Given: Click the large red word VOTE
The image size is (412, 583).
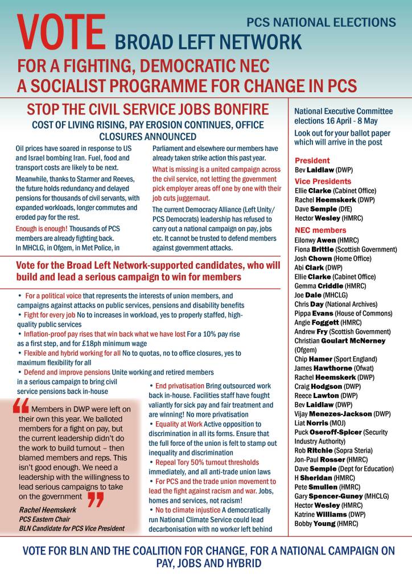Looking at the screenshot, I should coord(61,32).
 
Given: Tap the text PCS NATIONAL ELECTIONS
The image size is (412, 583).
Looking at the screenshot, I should coord(321,23).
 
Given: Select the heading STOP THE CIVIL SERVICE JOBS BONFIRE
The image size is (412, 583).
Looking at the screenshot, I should coord(148,109).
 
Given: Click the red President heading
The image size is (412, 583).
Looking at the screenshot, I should coord(312,161).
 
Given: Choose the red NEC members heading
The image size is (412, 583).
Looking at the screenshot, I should coord(320,230).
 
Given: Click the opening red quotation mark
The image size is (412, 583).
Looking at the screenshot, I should coord(20,406).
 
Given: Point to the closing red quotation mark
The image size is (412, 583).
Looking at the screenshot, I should coord(96,499).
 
